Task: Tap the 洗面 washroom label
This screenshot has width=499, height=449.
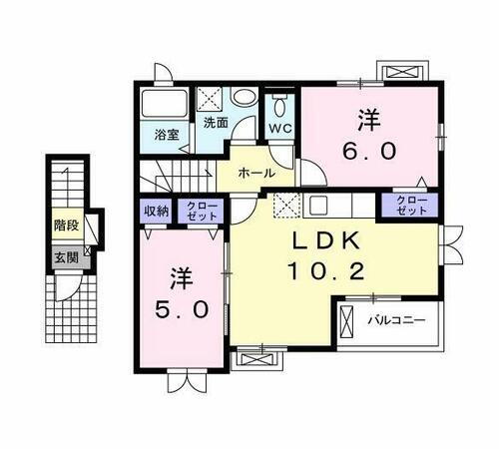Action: tap(215, 123)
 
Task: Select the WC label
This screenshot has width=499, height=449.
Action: tap(278, 128)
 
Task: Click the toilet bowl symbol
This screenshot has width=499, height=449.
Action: tap(278, 105)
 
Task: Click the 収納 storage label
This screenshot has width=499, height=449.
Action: tap(155, 211)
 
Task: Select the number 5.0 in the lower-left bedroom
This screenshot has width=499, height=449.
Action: tap(183, 309)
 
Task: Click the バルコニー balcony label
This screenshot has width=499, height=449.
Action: tap(396, 321)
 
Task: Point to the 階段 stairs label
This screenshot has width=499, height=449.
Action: tap(66, 225)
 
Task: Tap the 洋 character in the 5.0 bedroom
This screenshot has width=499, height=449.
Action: tap(183, 274)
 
